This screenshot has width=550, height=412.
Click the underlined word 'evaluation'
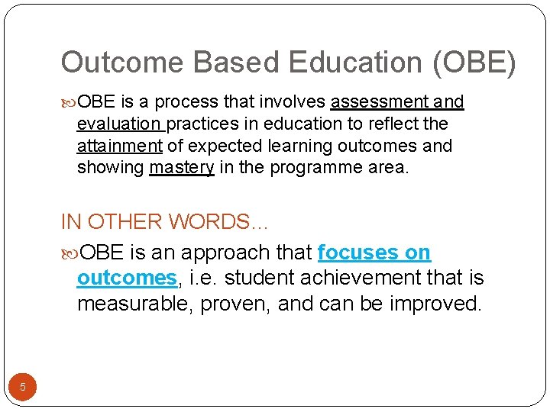point(119,124)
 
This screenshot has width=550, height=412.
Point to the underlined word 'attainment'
point(119,146)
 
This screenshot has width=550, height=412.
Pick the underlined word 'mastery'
point(182,167)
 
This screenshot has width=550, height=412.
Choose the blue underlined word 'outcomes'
point(127,278)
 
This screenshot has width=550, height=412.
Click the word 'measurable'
point(134,303)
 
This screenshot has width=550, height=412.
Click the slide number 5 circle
point(23,387)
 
